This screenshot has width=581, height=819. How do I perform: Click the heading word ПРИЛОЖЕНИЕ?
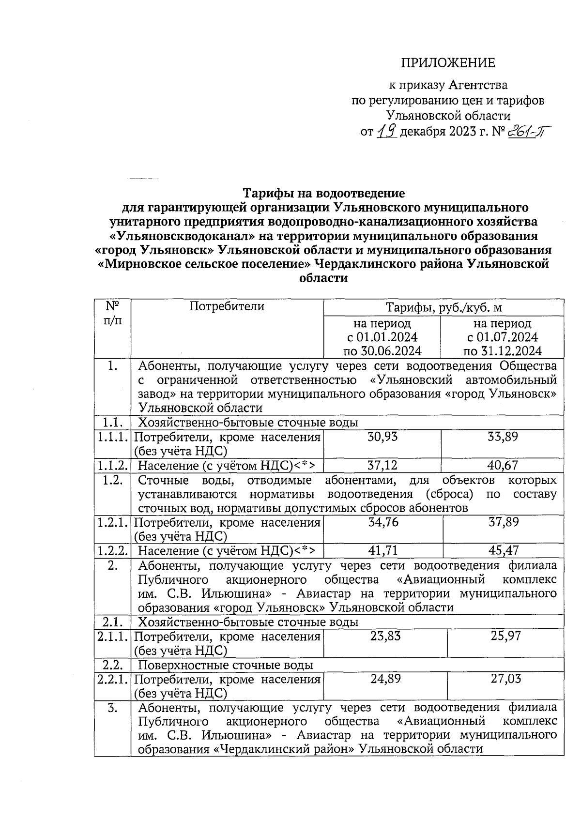(x=447, y=63)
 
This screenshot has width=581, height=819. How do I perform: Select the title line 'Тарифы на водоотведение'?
(x=323, y=194)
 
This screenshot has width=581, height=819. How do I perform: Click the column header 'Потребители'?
(x=227, y=306)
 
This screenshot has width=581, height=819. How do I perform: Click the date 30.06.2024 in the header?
(x=382, y=351)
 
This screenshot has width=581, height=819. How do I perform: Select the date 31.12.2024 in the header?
(x=503, y=351)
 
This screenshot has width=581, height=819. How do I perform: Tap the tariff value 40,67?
(x=503, y=466)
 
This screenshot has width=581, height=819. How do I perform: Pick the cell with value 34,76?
(x=383, y=522)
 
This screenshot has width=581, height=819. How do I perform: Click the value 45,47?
(x=504, y=551)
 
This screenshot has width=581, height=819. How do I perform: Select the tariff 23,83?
(x=385, y=636)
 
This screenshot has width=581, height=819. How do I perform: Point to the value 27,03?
(x=506, y=679)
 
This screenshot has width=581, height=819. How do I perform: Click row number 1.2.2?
(x=112, y=551)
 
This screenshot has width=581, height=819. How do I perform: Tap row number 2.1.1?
(x=112, y=637)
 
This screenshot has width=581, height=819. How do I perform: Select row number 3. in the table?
(x=112, y=708)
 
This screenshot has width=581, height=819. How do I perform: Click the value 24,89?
(x=385, y=679)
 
